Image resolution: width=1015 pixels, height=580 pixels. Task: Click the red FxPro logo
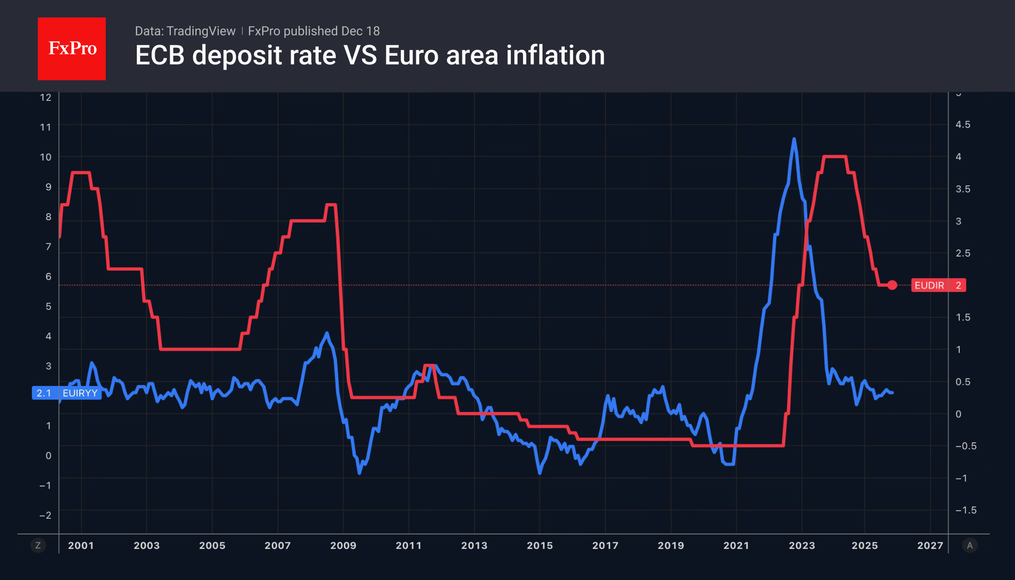pos(72,48)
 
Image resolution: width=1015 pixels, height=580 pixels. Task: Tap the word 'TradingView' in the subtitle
pos(200,31)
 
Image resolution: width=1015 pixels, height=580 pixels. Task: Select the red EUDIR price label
pos(938,285)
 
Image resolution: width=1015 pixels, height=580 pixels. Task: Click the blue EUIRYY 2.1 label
pos(66,393)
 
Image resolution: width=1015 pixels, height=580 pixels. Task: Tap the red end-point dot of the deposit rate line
pos(892,285)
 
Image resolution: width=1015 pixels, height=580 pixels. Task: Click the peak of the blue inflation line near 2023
pos(794,139)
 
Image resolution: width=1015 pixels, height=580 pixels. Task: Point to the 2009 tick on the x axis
pos(343,545)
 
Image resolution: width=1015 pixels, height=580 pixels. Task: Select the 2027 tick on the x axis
pos(930,545)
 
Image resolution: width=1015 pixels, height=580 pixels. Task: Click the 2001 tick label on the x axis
pos(81,545)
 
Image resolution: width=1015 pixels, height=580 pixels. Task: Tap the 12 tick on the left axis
pos(46,97)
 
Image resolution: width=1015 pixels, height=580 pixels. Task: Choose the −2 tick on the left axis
pos(45,515)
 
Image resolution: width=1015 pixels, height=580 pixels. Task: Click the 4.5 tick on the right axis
pos(963,125)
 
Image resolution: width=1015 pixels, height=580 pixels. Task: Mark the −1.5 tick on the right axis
pos(966,510)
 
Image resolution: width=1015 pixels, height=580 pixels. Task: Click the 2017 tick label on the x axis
pos(605,545)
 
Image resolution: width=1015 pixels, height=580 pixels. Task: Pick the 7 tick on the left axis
pos(48,246)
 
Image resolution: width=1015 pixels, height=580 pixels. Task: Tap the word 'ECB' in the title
pos(160,55)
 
